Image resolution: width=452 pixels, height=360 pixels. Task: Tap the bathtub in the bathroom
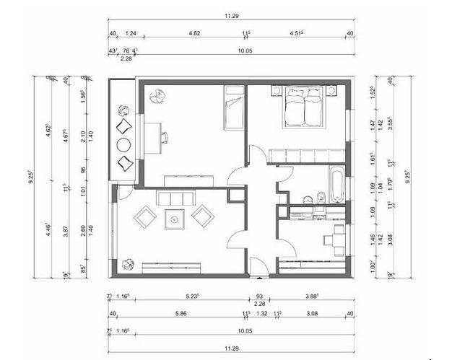(x=337, y=185)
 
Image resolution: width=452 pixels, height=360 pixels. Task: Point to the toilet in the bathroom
(x=318, y=196)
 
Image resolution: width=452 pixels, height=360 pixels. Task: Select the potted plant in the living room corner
(x=128, y=265)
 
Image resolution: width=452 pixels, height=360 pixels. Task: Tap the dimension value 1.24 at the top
(x=131, y=34)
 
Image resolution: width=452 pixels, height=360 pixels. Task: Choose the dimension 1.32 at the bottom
(x=263, y=313)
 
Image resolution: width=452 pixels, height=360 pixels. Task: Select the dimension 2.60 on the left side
(x=83, y=229)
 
